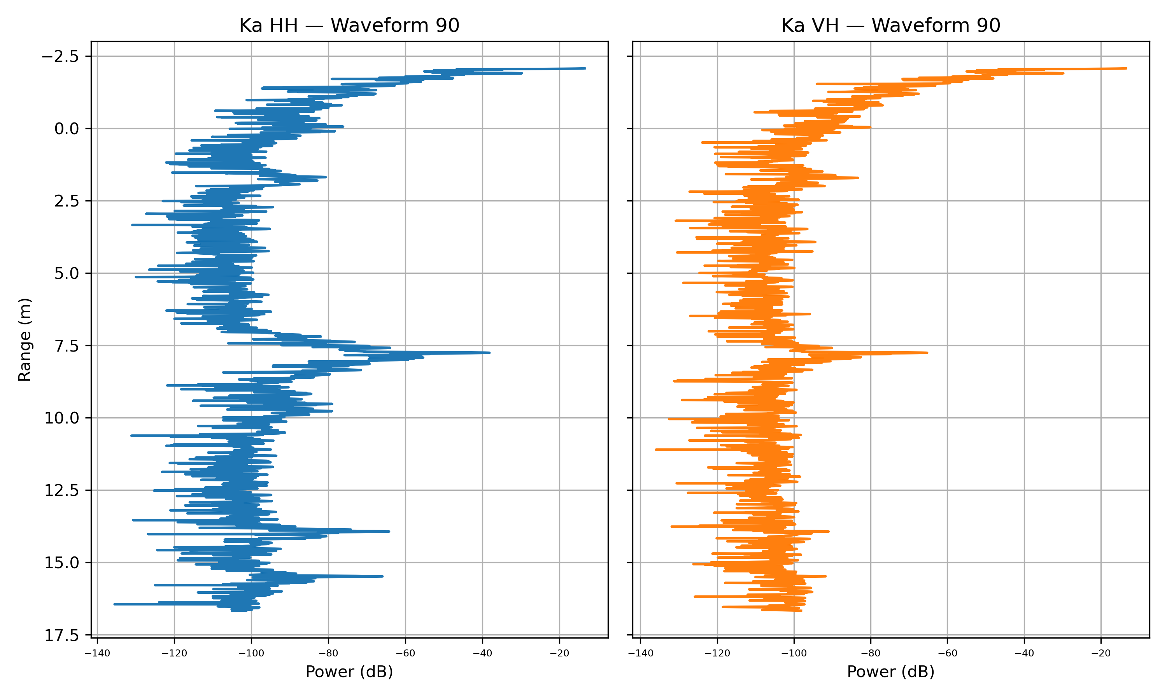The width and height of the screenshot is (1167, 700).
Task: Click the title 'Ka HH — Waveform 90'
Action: (x=349, y=25)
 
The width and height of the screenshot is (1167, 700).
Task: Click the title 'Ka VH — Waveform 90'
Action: (x=890, y=25)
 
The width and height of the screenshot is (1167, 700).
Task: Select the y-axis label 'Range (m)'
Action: (x=25, y=339)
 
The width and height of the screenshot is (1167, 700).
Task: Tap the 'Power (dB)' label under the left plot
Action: (x=349, y=672)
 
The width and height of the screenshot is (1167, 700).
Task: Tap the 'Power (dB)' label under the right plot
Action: (x=890, y=672)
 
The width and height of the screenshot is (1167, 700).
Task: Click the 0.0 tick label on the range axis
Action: (x=67, y=129)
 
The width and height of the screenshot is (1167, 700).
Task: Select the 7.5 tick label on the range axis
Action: (x=67, y=346)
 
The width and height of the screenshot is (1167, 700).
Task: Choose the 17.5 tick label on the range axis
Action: (x=62, y=635)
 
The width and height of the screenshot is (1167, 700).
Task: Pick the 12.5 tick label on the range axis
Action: (x=62, y=490)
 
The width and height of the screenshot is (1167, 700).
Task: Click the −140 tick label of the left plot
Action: (x=97, y=653)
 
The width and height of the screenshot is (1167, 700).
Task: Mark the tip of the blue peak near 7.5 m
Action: (x=490, y=352)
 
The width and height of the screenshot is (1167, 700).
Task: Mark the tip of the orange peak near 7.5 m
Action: (x=927, y=352)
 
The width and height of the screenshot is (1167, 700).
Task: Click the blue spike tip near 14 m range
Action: (x=389, y=531)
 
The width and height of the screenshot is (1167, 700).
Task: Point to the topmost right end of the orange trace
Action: (x=1127, y=68)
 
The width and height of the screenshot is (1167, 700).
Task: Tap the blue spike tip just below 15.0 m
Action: (x=382, y=576)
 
